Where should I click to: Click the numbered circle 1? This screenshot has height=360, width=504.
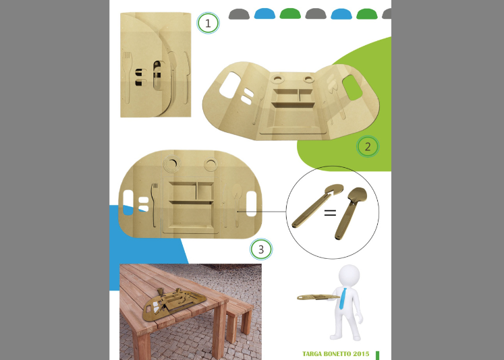tap(208, 23)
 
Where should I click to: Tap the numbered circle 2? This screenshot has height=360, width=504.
tap(368, 146)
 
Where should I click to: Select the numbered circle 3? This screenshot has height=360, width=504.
tap(261, 249)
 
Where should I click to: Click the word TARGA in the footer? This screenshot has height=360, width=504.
tap(312, 354)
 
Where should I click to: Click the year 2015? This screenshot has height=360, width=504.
tap(361, 354)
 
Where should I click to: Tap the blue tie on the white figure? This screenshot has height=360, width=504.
tap(343, 299)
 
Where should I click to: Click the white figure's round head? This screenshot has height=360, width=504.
tap(349, 276)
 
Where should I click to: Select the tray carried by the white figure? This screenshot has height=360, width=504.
tap(318, 298)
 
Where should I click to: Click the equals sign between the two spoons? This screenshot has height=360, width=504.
tap(330, 212)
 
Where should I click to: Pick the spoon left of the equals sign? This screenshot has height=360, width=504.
tap(316, 206)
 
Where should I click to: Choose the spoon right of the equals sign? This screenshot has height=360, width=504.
tap(350, 212)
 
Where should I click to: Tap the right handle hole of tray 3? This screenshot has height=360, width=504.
tap(251, 204)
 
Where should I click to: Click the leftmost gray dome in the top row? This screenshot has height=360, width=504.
tap(239, 14)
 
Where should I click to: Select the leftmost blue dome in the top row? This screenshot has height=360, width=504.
tap(264, 13)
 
